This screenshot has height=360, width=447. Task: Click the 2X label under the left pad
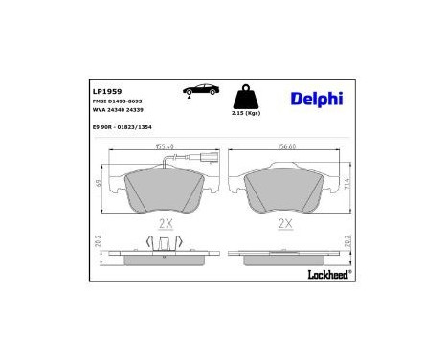[x=164, y=224]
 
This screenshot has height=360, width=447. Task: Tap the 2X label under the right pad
[x=283, y=224]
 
